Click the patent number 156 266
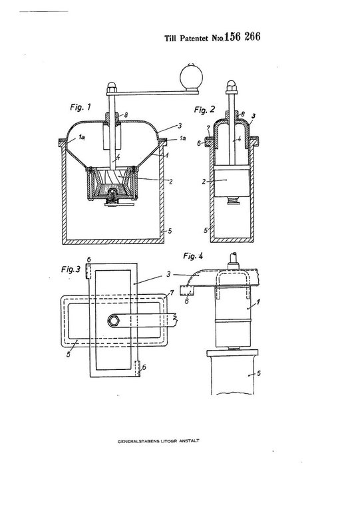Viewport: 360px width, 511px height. point(242,36)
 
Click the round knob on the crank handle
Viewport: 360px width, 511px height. point(191,77)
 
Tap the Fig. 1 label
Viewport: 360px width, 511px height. point(81,107)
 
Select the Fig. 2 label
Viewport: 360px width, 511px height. point(204,110)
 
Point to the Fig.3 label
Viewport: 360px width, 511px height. point(71,269)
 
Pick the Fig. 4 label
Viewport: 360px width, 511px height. point(193,255)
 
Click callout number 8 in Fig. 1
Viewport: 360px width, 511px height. point(126,114)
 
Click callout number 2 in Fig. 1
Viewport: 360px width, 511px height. point(171,182)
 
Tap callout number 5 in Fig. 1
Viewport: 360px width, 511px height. point(170,231)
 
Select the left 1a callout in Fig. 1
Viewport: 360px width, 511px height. point(82,137)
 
